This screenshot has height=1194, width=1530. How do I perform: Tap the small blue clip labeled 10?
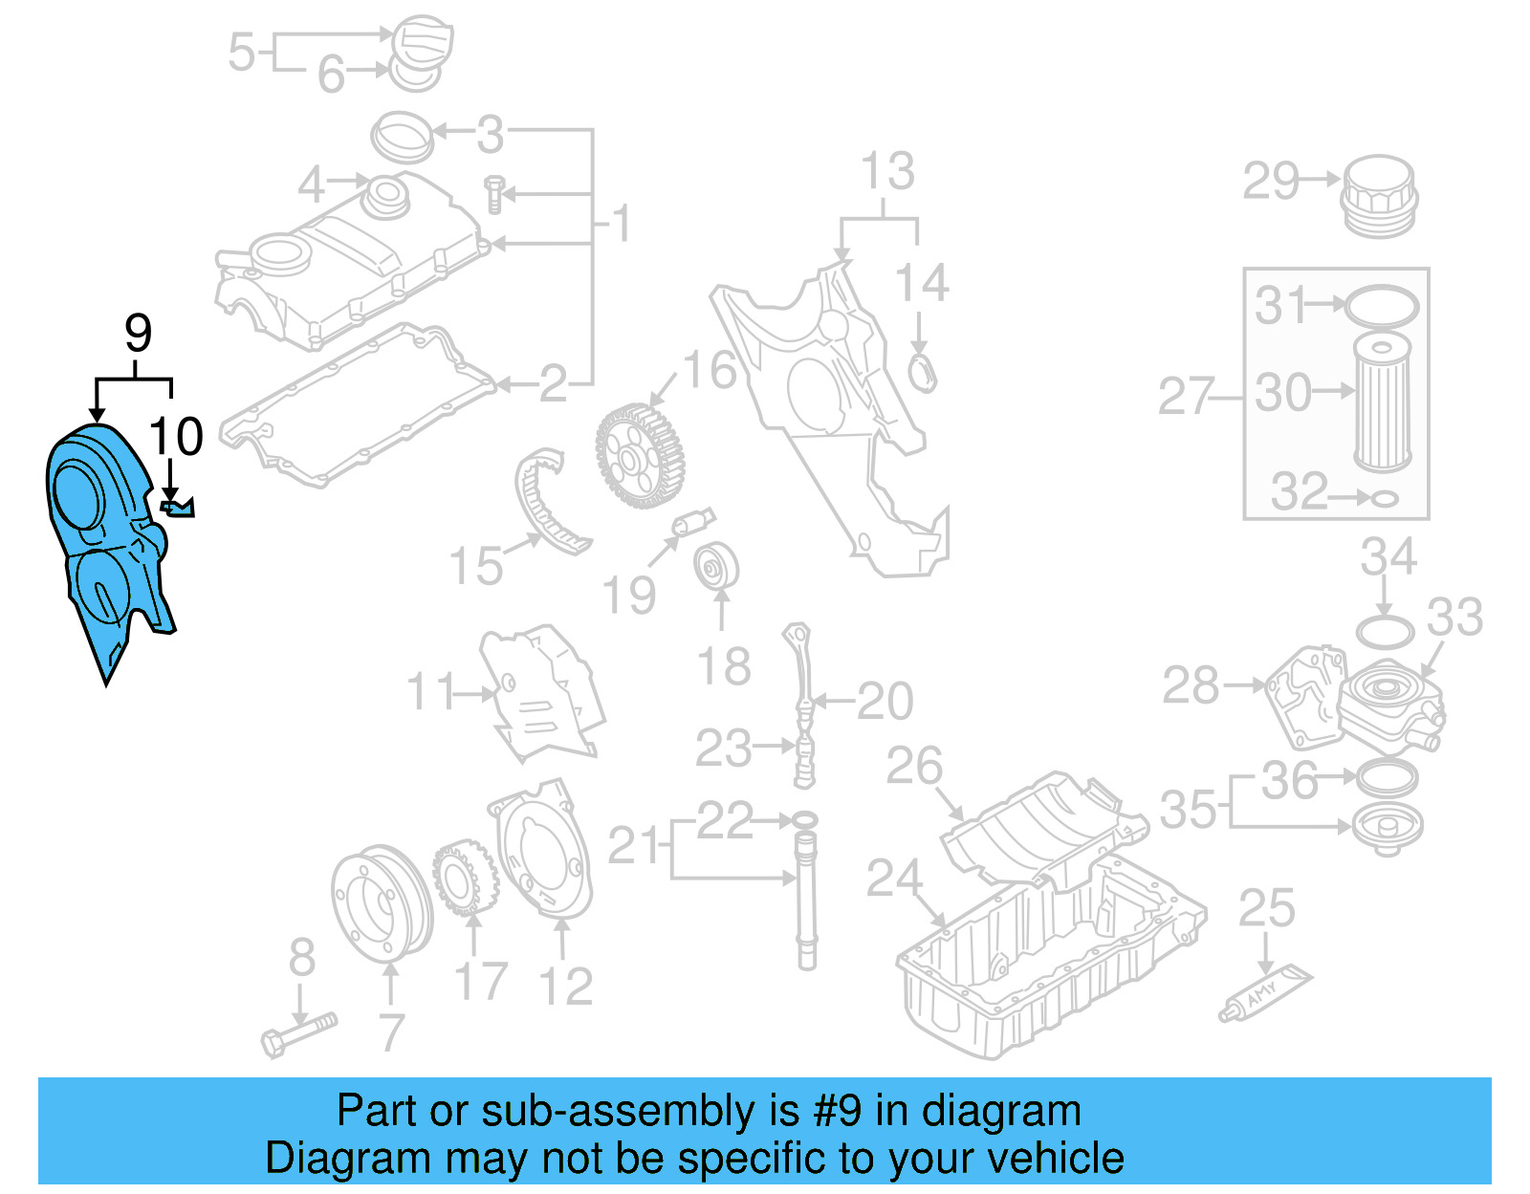(179, 507)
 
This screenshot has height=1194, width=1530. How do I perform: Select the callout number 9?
(139, 334)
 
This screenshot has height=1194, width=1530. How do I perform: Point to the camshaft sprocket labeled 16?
(640, 456)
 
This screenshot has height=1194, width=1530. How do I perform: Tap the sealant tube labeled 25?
(1265, 994)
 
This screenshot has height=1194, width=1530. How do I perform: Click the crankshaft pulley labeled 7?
(380, 903)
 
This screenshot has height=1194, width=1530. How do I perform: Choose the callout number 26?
(914, 766)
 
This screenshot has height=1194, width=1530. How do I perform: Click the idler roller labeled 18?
(717, 569)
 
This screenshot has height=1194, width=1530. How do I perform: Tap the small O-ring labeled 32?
(1386, 498)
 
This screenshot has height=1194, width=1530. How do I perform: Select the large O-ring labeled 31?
(1381, 307)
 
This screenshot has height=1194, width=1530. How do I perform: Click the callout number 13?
(887, 172)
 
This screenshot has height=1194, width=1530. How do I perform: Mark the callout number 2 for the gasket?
(554, 384)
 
